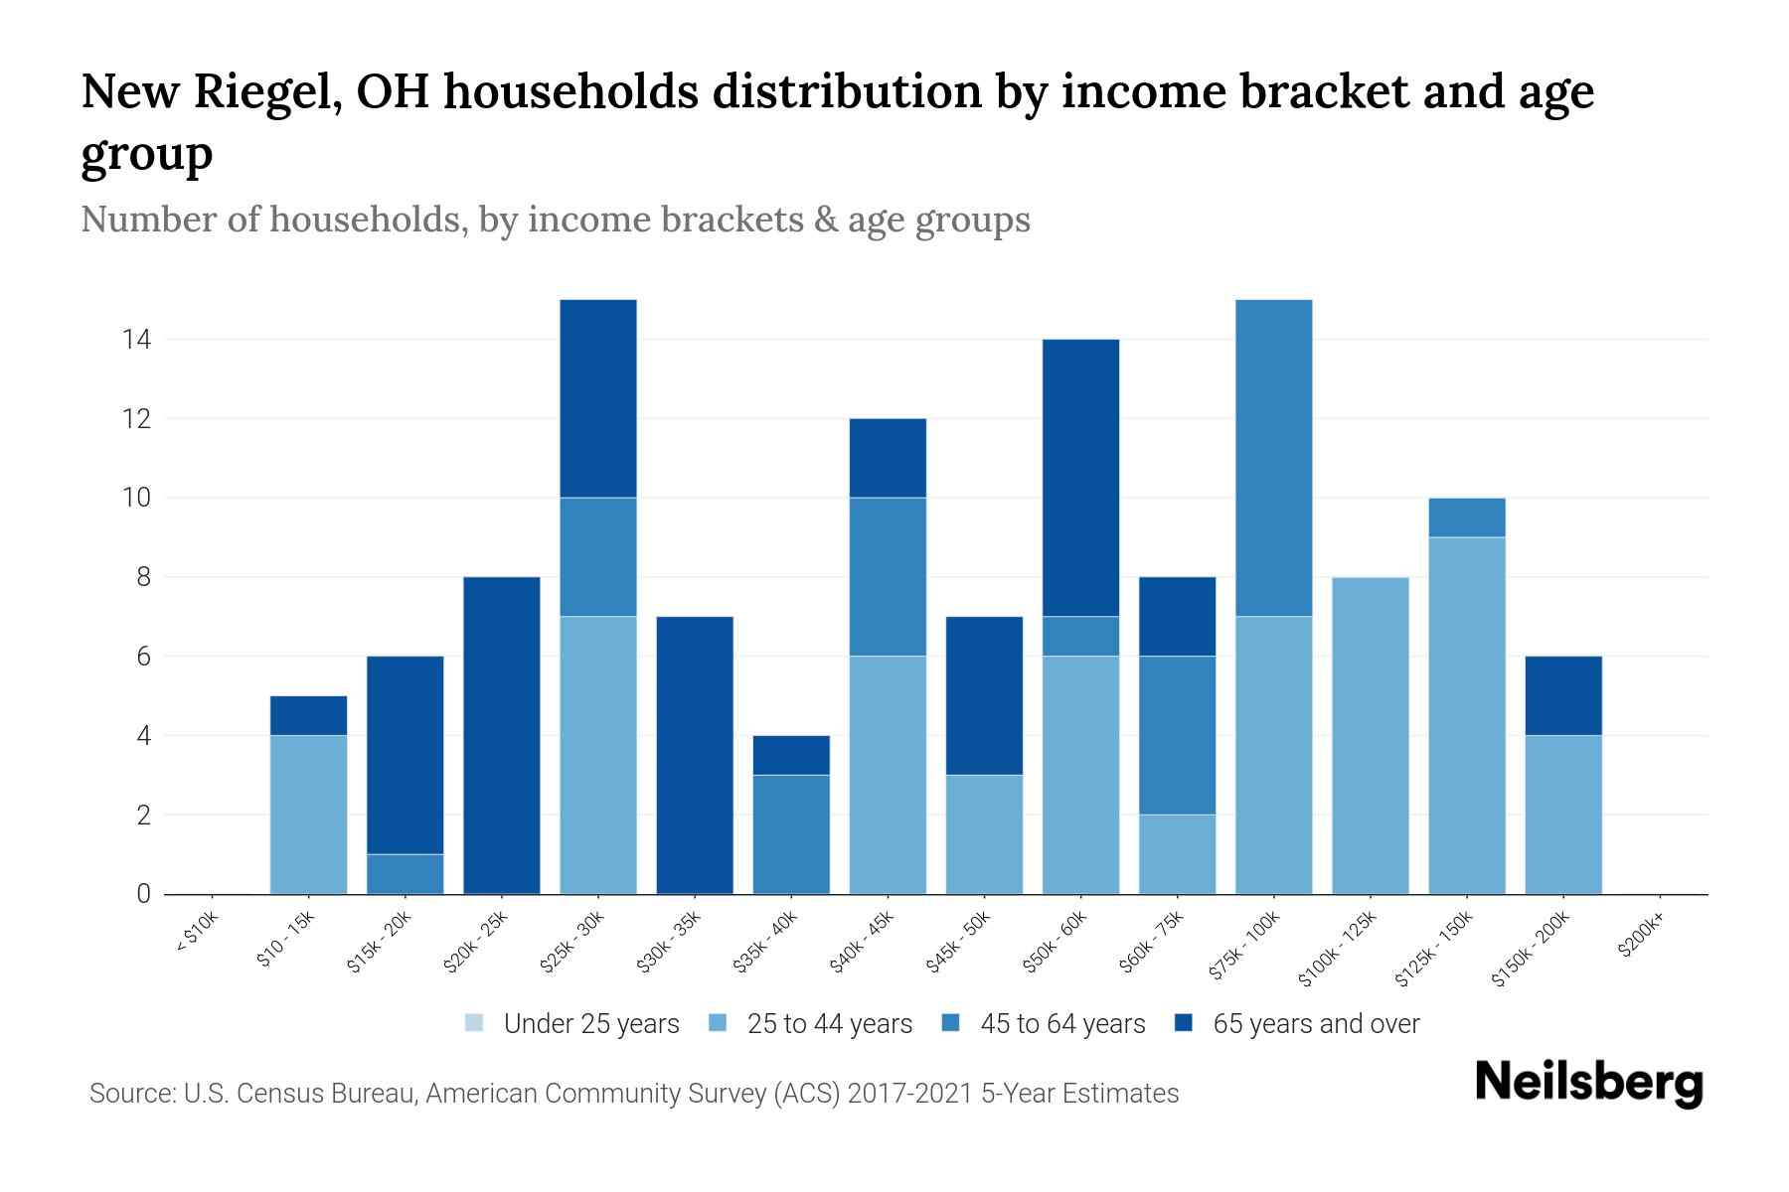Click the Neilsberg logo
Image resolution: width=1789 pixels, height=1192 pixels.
[x=1588, y=1083]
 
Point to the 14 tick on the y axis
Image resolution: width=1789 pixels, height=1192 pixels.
[x=136, y=340]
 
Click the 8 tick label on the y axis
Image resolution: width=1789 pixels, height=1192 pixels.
[x=143, y=577]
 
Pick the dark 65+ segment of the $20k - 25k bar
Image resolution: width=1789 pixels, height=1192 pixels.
[x=502, y=735]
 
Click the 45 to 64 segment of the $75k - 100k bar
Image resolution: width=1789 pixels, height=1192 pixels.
[x=1273, y=457]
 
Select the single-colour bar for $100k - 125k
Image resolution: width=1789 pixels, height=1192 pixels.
[x=1370, y=735]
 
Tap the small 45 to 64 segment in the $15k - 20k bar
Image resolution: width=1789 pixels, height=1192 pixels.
[x=405, y=874]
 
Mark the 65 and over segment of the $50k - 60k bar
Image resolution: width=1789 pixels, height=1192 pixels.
[x=1080, y=477]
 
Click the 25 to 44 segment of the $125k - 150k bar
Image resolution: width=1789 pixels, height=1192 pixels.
[x=1466, y=715]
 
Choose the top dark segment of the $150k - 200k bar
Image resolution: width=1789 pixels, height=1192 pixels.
[x=1563, y=695]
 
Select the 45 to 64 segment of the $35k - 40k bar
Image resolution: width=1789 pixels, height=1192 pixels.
[x=791, y=834]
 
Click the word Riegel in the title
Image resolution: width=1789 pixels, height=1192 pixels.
[x=266, y=91]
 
